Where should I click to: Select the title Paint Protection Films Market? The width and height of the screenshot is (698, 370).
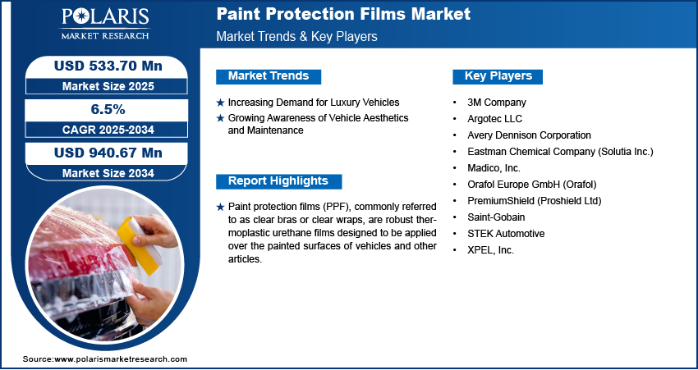[343, 14]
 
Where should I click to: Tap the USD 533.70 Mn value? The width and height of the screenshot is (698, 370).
[108, 66]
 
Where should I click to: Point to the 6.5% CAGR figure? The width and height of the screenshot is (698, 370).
[108, 109]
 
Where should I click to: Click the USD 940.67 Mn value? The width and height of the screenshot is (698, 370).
[108, 153]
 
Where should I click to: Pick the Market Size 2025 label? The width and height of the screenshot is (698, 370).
[107, 86]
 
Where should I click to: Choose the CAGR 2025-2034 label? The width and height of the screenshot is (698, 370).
[107, 130]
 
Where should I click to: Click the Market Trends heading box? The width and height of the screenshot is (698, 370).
[269, 76]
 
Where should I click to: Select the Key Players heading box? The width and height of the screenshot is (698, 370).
[498, 76]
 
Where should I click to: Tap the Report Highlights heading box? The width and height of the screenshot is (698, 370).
[278, 181]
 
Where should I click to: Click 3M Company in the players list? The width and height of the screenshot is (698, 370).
[496, 103]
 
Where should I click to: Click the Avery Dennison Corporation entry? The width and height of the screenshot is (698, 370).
[530, 135]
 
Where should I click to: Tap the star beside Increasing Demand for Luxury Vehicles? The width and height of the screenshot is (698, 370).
[220, 103]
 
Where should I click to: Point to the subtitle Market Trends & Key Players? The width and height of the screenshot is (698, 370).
[296, 36]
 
